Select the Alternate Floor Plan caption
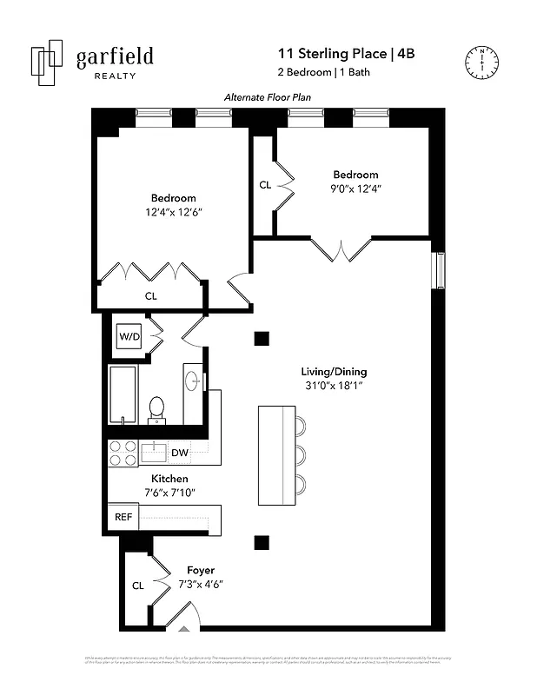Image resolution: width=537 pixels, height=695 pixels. (267, 98)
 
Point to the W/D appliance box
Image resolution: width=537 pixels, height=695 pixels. (130, 335)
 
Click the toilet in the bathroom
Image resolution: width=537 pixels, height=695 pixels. (157, 408)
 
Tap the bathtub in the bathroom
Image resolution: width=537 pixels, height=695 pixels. (122, 394)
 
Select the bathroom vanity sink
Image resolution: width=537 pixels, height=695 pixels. (193, 381)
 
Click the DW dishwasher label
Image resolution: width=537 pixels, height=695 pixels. (179, 453)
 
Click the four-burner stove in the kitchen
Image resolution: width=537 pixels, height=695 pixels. (122, 453)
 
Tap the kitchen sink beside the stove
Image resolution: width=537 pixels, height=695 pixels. (154, 452)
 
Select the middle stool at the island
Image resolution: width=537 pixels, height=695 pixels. (300, 455)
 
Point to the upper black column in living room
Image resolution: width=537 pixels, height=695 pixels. (261, 339)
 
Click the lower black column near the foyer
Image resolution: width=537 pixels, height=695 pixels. (261, 543)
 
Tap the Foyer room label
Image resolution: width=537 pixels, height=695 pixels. (201, 570)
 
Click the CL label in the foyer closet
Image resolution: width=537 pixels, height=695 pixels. (138, 586)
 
